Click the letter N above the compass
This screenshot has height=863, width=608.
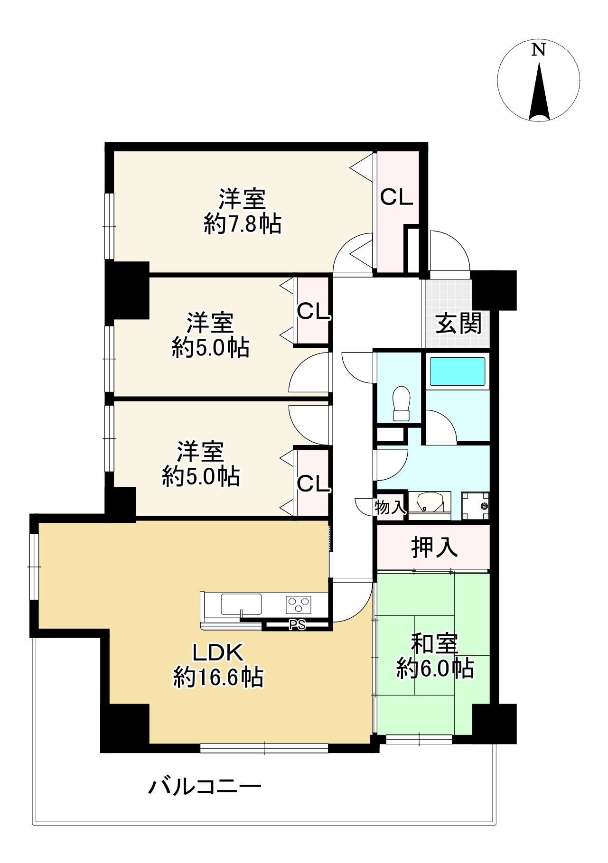click(538, 50)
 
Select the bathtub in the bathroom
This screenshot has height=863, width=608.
click(457, 371)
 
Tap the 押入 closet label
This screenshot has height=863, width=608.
click(434, 547)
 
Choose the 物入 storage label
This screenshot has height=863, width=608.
click(390, 507)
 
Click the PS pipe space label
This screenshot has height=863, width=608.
click(298, 625)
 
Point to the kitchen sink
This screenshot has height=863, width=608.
click(241, 604)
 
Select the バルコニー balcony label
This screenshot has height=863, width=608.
click(206, 788)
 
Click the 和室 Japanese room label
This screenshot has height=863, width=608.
click(434, 644)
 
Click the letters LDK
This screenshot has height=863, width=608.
click(217, 653)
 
